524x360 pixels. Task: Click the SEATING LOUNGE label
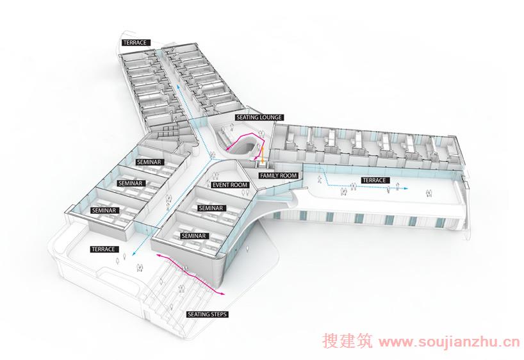pos(259,117)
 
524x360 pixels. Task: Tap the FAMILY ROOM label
pos(279,176)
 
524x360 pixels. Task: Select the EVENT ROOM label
pos(231,185)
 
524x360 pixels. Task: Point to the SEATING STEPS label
pos(208,315)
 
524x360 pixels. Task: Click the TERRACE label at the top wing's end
pos(135,43)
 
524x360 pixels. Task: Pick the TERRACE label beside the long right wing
pos(374,180)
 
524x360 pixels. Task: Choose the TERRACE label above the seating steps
pos(104,249)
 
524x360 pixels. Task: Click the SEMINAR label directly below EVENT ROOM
pos(211,208)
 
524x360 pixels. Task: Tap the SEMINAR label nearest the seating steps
pos(194,236)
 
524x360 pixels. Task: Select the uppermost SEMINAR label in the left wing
pos(149,162)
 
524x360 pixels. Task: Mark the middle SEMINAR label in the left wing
pos(130,183)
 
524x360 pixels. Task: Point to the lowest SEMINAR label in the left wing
pos(104,210)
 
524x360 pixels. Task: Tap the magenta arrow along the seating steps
pos(190,272)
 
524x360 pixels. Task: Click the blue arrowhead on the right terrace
pos(405,188)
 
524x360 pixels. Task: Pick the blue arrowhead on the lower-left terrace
pos(134,254)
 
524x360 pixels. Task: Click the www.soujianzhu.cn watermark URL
pos(450,342)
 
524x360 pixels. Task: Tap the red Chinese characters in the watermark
pos(348,341)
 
